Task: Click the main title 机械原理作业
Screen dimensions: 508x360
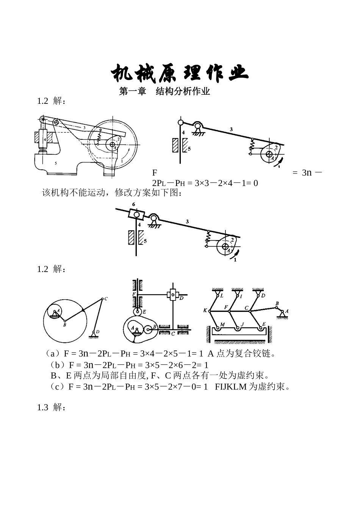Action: point(180,73)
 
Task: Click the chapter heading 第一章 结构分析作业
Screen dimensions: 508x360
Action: point(164,92)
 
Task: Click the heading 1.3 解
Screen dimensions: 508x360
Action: point(51,408)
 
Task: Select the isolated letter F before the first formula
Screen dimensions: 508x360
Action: point(155,173)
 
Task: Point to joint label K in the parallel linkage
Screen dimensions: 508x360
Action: point(205,310)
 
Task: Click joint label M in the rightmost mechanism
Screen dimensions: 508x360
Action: point(222,324)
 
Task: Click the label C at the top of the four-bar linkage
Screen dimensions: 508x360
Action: point(106,299)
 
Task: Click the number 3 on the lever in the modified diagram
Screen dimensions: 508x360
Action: point(187,222)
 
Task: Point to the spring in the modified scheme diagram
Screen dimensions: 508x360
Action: point(208,238)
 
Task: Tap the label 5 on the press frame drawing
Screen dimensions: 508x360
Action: point(55,163)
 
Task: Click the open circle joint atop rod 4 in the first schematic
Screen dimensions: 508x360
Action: point(181,122)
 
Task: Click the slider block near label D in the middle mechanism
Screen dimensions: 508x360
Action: point(173,295)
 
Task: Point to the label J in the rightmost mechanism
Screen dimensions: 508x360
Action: point(243,324)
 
